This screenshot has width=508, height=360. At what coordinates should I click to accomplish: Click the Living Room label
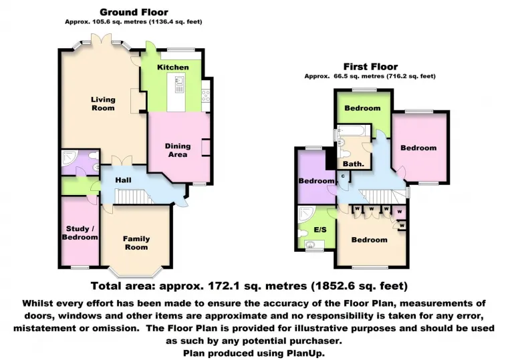click(x=103, y=104)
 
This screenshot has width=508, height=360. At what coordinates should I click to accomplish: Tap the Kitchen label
click(x=173, y=67)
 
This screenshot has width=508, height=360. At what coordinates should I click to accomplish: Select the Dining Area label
click(x=178, y=150)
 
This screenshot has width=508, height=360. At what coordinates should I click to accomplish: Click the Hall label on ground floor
click(x=122, y=180)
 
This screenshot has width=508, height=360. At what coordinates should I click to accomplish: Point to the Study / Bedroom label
click(x=80, y=233)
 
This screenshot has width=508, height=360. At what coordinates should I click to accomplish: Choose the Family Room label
click(x=136, y=243)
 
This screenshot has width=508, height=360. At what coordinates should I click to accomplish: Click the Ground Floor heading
click(x=134, y=12)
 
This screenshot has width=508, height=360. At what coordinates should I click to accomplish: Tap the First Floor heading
click(x=370, y=67)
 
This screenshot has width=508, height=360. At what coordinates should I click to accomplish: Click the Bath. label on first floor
click(x=353, y=164)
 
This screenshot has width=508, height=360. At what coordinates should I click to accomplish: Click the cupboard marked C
click(x=343, y=176)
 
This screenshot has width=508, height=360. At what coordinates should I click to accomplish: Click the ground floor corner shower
click(x=70, y=158)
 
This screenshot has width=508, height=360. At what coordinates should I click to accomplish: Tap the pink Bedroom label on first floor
click(x=418, y=148)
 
